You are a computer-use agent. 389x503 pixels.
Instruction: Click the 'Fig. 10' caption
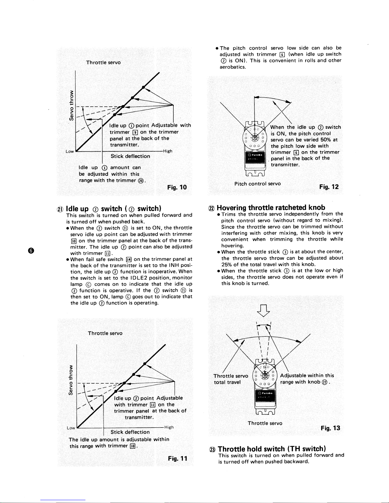pyautogui.click(x=177, y=187)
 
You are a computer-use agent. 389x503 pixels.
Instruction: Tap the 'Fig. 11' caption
pyautogui.click(x=178, y=459)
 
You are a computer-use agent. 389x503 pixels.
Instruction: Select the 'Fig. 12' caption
pyautogui.click(x=329, y=187)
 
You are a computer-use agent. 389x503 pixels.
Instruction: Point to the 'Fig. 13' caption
pyautogui.click(x=330, y=428)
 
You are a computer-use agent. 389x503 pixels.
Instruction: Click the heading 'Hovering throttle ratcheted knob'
pyautogui.click(x=271, y=208)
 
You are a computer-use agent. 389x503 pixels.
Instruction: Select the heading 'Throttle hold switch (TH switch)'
pyautogui.click(x=272, y=449)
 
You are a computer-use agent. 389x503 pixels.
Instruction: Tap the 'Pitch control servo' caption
pyautogui.click(x=258, y=184)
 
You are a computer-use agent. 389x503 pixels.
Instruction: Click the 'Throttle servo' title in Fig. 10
pyautogui.click(x=104, y=63)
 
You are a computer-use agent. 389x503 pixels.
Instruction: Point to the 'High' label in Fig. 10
pyautogui.click(x=168, y=151)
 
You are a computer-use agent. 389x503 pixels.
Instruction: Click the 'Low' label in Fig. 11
pyautogui.click(x=71, y=428)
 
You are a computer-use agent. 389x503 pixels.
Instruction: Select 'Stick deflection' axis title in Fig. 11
pyautogui.click(x=130, y=432)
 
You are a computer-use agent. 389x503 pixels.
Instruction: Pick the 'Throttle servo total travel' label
pyautogui.click(x=231, y=379)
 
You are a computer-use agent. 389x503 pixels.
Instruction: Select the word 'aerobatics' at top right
pyautogui.click(x=233, y=67)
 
